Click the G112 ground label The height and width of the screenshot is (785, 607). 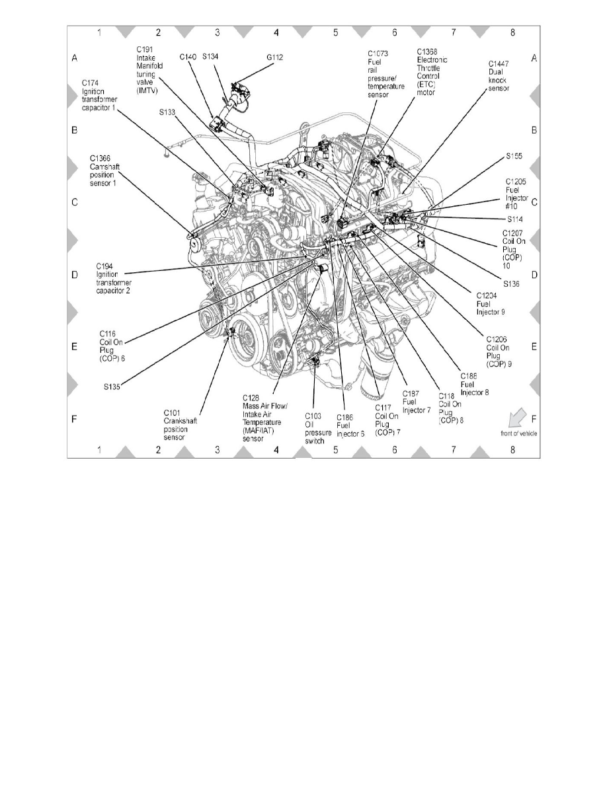click(x=275, y=57)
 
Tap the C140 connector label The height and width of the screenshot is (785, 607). click(x=187, y=57)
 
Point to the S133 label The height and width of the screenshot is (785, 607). click(x=169, y=112)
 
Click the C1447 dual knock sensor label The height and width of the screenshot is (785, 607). click(x=498, y=73)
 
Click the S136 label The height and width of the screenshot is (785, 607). click(x=512, y=283)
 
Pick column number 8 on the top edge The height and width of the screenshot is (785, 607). click(x=513, y=31)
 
